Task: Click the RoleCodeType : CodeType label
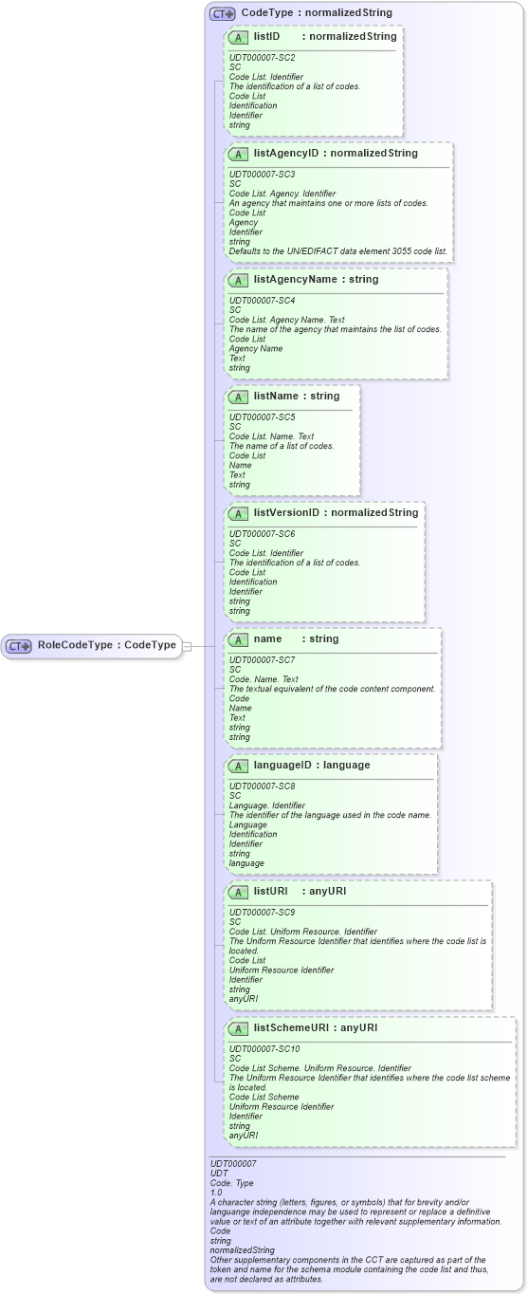pos(107,646)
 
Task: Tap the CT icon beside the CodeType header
pos(223,13)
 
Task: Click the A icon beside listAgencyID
pos(238,154)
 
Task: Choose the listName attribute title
pos(278,396)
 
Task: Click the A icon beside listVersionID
pos(238,513)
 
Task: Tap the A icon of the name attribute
pos(238,639)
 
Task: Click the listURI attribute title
pos(271,892)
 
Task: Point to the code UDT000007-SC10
pos(264,1048)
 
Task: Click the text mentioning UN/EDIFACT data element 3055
pos(338,251)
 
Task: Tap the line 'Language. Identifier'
pos(267,805)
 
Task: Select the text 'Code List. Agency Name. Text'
pos(285,320)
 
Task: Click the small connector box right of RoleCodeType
pos(187,646)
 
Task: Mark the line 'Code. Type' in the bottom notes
pos(231,1182)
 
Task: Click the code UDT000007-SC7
pos(263,660)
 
